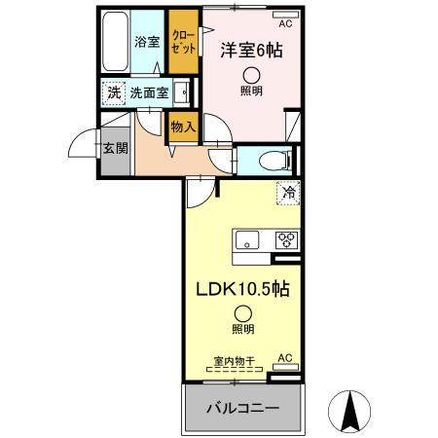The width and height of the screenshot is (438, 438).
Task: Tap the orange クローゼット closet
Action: pos(181,41)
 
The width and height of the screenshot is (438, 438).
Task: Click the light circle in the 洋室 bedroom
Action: pos(252,76)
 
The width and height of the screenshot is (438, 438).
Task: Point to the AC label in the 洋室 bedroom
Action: pos(285,22)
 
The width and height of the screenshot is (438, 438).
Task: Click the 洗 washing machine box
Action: pos(114,93)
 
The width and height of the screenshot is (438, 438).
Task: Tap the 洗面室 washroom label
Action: pos(149,94)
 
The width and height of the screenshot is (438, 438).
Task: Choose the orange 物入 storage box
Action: pos(183,127)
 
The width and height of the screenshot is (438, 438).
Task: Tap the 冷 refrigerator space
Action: pos(288,193)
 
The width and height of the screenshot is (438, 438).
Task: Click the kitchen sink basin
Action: pos(246,239)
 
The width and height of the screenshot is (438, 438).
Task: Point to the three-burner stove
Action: pos(286,238)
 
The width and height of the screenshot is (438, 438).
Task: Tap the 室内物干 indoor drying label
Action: pos(235,362)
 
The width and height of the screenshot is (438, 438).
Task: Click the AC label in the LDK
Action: pos(284,359)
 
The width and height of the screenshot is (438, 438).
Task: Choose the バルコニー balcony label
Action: pos(242,408)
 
